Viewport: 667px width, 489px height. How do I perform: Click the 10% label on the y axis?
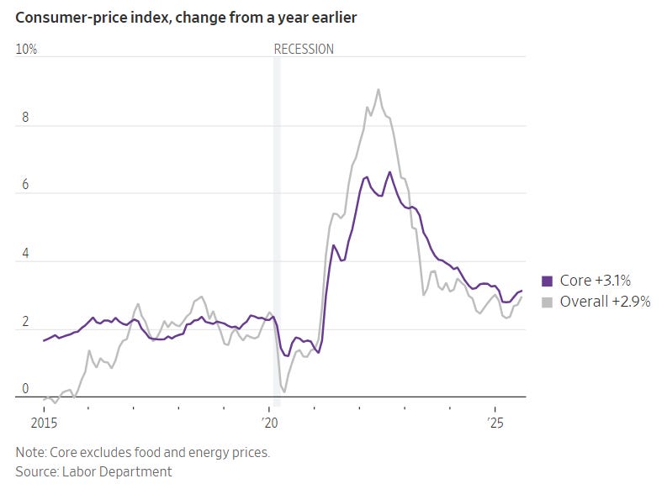[26, 50]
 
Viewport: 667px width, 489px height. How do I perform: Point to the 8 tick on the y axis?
[25, 117]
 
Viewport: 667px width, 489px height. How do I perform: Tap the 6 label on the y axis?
[25, 184]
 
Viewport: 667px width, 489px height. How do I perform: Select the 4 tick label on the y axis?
[25, 253]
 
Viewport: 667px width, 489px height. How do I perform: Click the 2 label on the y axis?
[25, 321]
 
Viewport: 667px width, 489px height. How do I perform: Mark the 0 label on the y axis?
[25, 388]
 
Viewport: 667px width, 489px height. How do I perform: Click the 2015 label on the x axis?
[44, 423]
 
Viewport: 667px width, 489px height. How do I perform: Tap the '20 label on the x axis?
[269, 423]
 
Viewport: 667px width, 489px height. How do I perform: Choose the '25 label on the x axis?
[495, 423]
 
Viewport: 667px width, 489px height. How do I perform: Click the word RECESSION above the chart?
[304, 50]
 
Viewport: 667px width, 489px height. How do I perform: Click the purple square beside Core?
[547, 281]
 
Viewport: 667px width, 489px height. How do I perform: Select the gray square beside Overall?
[547, 302]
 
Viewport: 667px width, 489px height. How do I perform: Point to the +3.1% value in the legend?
[613, 281]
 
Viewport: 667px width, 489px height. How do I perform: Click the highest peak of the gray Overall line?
[378, 89]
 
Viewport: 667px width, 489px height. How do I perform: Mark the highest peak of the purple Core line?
[389, 172]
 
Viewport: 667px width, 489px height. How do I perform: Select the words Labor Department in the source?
[117, 471]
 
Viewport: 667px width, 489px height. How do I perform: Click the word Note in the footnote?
[30, 452]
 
